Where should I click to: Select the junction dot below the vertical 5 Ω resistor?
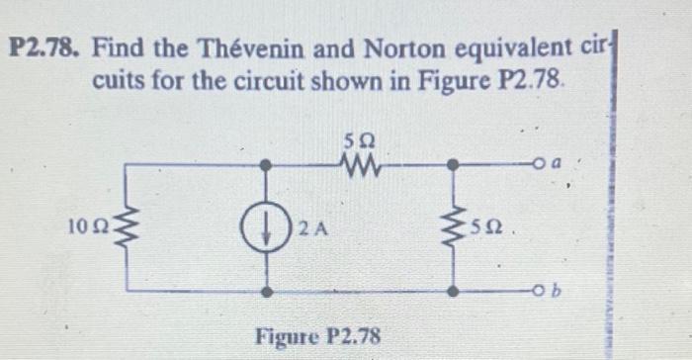[454, 294]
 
